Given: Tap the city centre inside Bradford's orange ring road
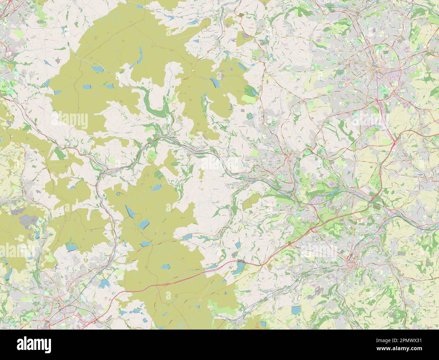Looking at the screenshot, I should point(374,68).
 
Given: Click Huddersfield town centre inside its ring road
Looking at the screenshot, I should point(351,260).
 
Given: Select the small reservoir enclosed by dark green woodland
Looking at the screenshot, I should point(250,91).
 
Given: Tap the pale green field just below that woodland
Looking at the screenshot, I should point(250,99).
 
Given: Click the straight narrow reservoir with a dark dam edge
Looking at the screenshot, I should point(129,211).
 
